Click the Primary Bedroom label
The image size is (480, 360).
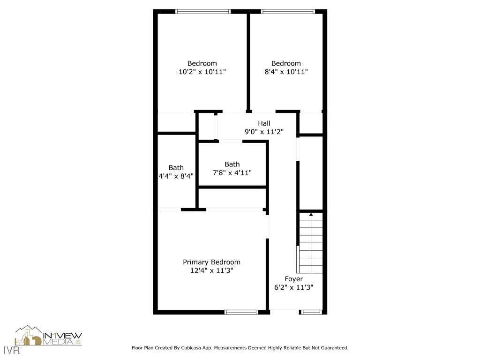pyautogui.click(x=211, y=262)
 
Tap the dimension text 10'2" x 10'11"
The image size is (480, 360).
pyautogui.click(x=202, y=72)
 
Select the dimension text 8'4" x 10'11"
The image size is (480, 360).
pyautogui.click(x=286, y=72)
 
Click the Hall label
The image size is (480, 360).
pyautogui.click(x=264, y=123)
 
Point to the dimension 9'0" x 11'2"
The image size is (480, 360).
pyautogui.click(x=264, y=132)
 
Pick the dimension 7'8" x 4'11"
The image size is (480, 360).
pyautogui.click(x=232, y=172)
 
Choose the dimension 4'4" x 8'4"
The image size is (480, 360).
pyautogui.click(x=176, y=176)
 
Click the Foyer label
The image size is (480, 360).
pyautogui.click(x=293, y=279)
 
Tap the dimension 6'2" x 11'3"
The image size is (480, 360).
pyautogui.click(x=293, y=287)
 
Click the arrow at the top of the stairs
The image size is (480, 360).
pyautogui.click(x=311, y=215)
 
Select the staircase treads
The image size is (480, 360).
pyautogui.click(x=311, y=244)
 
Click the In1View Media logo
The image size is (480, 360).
pyautogui.click(x=49, y=337)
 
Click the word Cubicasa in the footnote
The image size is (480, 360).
pyautogui.click(x=201, y=348)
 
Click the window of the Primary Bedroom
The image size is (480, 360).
pyautogui.click(x=241, y=312)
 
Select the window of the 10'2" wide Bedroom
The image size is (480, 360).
pyautogui.click(x=203, y=11)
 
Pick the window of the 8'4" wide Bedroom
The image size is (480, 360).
pyautogui.click(x=288, y=11)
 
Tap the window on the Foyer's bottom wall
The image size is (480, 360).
pyautogui.click(x=311, y=312)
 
